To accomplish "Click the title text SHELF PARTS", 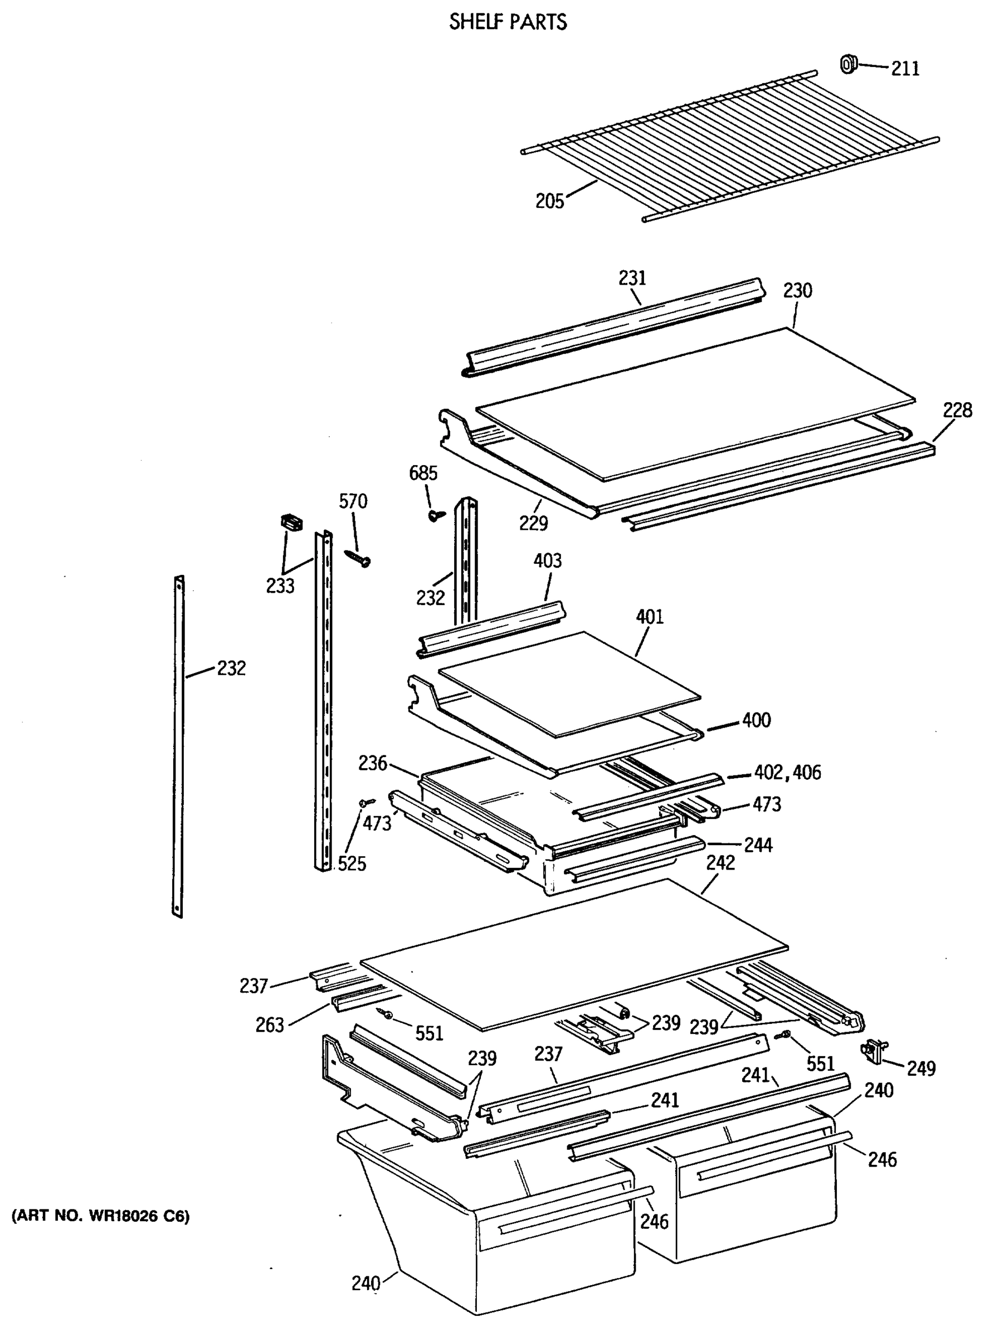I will (x=508, y=22).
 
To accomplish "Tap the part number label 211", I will (x=905, y=69).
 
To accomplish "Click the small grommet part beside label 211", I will (x=849, y=64).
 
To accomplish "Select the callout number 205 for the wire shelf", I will (x=549, y=201).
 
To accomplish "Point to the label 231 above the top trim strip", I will (x=632, y=278).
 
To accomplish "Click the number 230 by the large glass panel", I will (x=797, y=291).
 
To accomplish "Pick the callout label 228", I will (x=957, y=411).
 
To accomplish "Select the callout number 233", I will (x=280, y=585).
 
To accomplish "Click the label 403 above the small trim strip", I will (x=547, y=560).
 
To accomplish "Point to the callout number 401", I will (x=650, y=617).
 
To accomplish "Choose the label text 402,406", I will (x=787, y=773).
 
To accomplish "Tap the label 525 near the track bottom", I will (x=352, y=863).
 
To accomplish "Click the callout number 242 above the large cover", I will (x=720, y=862).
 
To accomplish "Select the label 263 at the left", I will (x=270, y=1025).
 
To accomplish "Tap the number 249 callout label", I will (x=920, y=1068).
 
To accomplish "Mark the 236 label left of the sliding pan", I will (x=372, y=763).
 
